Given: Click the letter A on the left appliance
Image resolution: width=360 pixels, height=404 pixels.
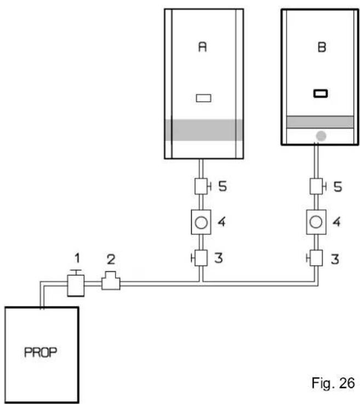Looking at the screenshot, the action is pyautogui.click(x=202, y=47).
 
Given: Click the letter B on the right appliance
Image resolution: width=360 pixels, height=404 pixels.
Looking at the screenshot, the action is pyautogui.click(x=322, y=47).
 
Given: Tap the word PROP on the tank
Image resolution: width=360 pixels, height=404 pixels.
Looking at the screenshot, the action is pyautogui.click(x=41, y=352).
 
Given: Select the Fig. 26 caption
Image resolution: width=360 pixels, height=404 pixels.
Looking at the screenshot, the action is pyautogui.click(x=333, y=383).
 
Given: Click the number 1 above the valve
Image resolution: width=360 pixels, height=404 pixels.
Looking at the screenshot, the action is pyautogui.click(x=77, y=258).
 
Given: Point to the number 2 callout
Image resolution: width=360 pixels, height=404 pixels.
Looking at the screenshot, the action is pyautogui.click(x=111, y=259).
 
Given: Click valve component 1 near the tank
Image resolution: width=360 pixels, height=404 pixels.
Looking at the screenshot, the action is pyautogui.click(x=76, y=283).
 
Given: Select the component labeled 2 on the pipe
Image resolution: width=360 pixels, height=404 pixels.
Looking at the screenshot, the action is pyautogui.click(x=111, y=281).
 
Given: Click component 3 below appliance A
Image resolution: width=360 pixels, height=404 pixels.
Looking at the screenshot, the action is pyautogui.click(x=200, y=258).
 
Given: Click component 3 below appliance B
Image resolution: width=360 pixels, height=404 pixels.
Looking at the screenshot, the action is pyautogui.click(x=315, y=258).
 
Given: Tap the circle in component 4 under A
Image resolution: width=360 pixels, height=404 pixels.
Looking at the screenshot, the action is pyautogui.click(x=201, y=223).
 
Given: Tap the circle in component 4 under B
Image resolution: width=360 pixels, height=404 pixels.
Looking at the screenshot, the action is pyautogui.click(x=316, y=222).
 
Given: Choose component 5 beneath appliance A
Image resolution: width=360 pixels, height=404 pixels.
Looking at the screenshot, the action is pyautogui.click(x=203, y=186).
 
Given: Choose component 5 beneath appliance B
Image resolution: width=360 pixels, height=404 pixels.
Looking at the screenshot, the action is pyautogui.click(x=318, y=186).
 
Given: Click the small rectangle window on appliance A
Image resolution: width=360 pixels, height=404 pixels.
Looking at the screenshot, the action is pyautogui.click(x=204, y=98).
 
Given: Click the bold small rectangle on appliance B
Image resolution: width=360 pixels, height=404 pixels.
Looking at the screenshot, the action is pyautogui.click(x=321, y=93).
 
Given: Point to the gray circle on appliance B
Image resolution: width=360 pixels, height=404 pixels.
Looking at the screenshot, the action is pyautogui.click(x=321, y=136).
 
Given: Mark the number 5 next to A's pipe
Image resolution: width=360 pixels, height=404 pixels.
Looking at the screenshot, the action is pyautogui.click(x=223, y=186).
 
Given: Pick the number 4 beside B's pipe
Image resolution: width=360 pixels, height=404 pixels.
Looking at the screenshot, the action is pyautogui.click(x=336, y=222).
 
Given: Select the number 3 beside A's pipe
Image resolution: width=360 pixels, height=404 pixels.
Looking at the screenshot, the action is pyautogui.click(x=219, y=258).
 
